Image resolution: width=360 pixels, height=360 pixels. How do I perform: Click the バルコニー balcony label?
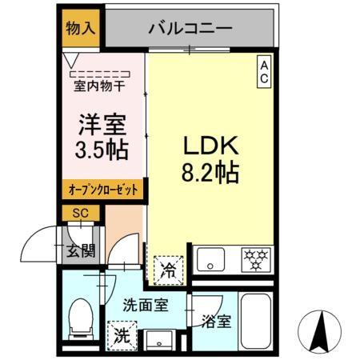point(190,28)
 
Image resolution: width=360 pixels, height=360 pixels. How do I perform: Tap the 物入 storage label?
point(80,26)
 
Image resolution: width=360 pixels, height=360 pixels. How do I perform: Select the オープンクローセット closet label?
point(102,190)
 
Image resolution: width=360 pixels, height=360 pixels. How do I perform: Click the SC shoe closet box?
point(80,213)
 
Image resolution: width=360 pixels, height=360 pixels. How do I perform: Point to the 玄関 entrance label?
point(81,250)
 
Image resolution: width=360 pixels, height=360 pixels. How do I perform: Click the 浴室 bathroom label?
point(216,322)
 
